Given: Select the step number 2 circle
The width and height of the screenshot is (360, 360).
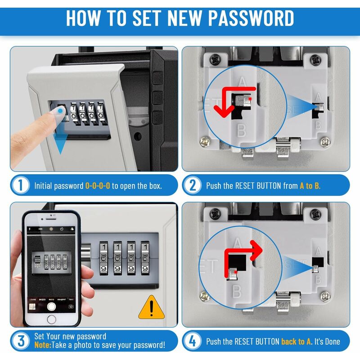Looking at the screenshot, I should (193, 185).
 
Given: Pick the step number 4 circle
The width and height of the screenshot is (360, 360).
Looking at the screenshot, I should (193, 341).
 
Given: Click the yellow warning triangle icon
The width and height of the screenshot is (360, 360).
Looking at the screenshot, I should (151, 308).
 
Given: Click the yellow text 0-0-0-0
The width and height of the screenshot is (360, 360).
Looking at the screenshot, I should (98, 185).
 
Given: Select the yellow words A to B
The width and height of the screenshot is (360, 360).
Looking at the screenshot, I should (310, 185).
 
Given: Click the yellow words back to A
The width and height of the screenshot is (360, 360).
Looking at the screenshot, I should (296, 342).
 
